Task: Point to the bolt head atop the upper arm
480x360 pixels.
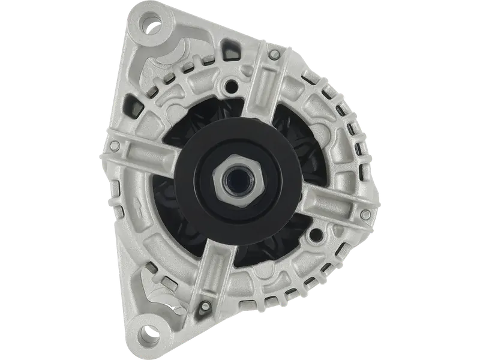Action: [274, 55]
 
